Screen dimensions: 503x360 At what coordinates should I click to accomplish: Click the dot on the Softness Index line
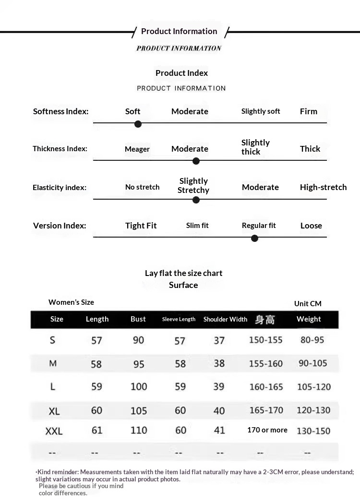(x=138, y=124)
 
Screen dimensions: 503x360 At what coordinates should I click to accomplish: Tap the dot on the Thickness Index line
(x=196, y=161)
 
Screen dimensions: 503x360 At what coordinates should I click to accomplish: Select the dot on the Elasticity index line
(x=196, y=200)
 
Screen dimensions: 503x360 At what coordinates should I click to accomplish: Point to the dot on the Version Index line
(x=255, y=238)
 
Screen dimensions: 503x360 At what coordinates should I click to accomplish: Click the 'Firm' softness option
(x=309, y=111)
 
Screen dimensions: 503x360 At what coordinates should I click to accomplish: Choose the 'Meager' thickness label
(x=137, y=149)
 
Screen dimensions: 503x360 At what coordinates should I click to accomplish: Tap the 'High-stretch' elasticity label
(x=323, y=187)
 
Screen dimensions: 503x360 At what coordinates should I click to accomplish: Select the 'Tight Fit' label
(x=141, y=226)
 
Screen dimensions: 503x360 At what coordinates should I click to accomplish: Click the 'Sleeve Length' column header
(x=179, y=319)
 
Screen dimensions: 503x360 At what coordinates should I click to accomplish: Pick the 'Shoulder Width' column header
(x=225, y=319)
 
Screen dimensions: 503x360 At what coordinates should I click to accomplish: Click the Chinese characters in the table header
(x=265, y=319)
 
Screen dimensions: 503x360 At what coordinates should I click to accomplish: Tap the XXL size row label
(x=54, y=431)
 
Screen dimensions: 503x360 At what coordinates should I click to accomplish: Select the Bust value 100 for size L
(x=139, y=386)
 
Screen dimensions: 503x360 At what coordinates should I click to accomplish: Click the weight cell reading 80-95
(x=312, y=340)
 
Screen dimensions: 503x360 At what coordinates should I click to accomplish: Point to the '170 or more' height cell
(x=267, y=430)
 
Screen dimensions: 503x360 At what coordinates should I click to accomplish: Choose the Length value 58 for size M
(x=96, y=364)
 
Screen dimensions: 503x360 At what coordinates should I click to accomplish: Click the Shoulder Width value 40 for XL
(x=219, y=411)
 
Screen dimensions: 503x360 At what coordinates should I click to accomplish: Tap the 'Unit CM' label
(x=308, y=303)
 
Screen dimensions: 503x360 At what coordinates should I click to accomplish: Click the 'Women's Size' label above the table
(x=71, y=302)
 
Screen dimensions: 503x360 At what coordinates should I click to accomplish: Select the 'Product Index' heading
(x=181, y=73)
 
